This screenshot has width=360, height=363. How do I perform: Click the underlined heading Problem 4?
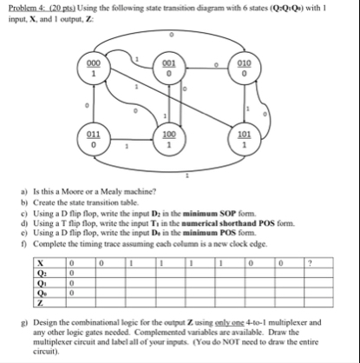(29, 7)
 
